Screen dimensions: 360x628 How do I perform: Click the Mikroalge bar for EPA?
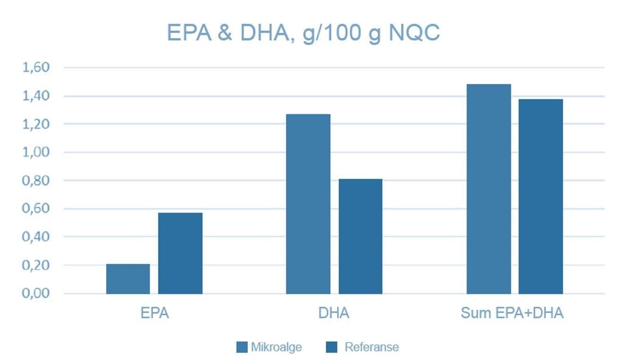(128, 279)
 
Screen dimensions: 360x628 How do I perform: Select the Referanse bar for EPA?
(180, 253)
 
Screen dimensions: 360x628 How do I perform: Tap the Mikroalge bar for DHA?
(308, 204)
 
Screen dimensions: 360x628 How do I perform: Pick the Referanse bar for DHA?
(360, 236)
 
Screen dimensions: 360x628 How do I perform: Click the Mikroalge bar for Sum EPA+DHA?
(489, 189)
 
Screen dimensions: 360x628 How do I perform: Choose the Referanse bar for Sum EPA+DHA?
(541, 196)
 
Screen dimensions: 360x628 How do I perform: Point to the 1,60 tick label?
(36, 68)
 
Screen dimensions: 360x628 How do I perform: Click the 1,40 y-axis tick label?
(36, 96)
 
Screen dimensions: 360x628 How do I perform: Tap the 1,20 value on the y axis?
(36, 124)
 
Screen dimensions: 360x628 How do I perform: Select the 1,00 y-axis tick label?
(36, 152)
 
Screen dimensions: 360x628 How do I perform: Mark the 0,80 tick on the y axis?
(36, 180)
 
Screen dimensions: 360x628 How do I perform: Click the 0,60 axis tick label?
(36, 208)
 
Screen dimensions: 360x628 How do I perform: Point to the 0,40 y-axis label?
(36, 236)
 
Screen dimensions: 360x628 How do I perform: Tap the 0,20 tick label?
(36, 265)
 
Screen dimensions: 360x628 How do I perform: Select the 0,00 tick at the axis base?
(36, 293)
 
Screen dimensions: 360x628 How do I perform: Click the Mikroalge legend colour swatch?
(242, 347)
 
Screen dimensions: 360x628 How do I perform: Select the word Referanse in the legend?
(372, 347)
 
